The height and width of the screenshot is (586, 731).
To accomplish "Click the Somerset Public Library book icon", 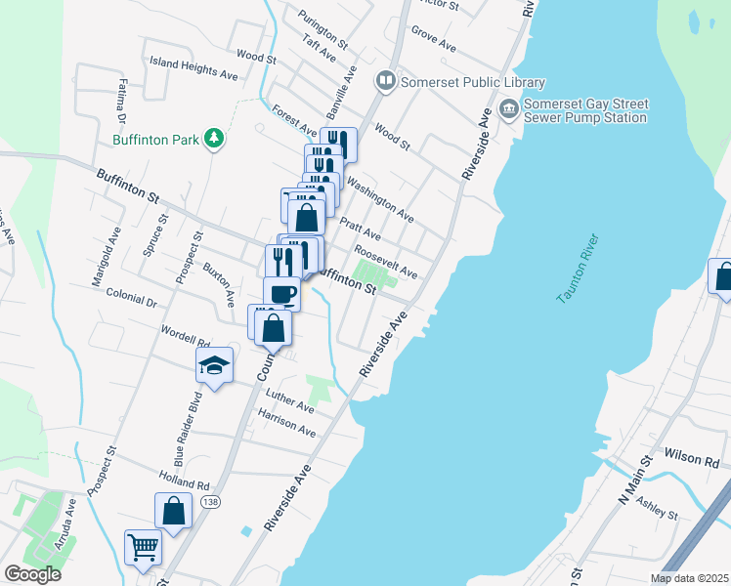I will pos(386,81).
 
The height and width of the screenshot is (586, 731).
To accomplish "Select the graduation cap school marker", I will pos(215,365).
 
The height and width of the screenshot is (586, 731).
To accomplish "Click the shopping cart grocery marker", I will pos(143,549).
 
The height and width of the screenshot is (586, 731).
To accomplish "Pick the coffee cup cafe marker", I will pos(281,293).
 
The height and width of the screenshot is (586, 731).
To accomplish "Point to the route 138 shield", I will pos(209,501).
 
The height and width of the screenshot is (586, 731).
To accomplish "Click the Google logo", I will pos(32,574).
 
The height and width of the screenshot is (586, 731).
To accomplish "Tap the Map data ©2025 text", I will pos(690,578).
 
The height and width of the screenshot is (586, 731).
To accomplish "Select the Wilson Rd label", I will pos(692,455).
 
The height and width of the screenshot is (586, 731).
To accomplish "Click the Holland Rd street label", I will pos(183,480).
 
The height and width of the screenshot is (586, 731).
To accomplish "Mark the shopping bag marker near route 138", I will pos(173,511).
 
